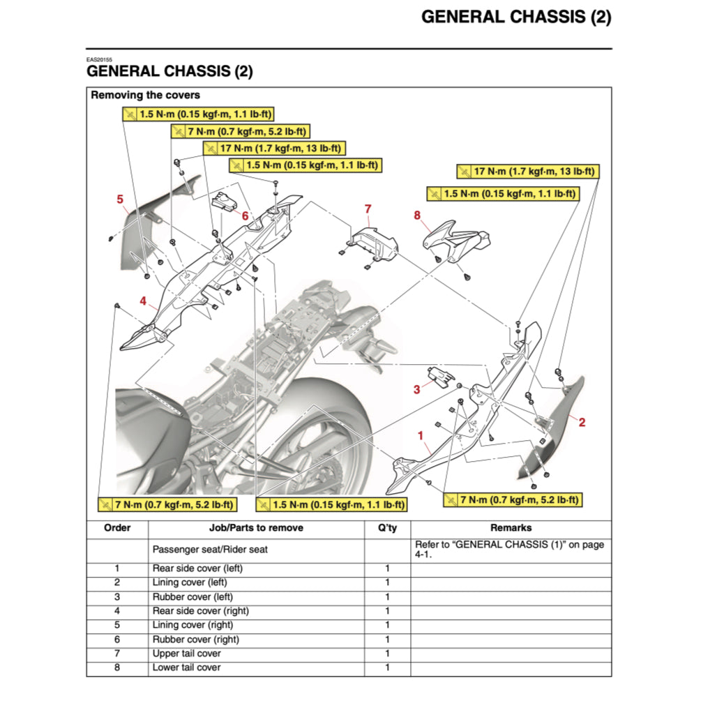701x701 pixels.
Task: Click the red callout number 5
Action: pyautogui.click(x=120, y=199)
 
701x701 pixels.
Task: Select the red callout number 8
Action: pyautogui.click(x=417, y=216)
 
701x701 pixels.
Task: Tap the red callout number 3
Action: pyautogui.click(x=416, y=389)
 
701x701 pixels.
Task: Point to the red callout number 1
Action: pyautogui.click(x=421, y=436)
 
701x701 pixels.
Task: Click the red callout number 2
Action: pyautogui.click(x=582, y=421)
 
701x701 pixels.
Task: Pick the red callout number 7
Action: pyautogui.click(x=368, y=209)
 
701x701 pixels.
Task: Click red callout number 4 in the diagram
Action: pyautogui.click(x=143, y=301)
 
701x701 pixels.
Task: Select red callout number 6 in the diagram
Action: pyautogui.click(x=245, y=216)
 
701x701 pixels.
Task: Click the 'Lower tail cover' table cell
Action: pyautogui.click(x=186, y=668)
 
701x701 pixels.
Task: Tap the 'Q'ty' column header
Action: pyautogui.click(x=387, y=528)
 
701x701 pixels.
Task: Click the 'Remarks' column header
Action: pyautogui.click(x=511, y=528)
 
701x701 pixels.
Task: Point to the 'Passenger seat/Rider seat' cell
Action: pyautogui.click(x=210, y=550)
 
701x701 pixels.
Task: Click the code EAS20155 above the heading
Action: pyautogui.click(x=100, y=60)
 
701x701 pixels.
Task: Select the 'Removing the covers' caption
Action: pyautogui.click(x=145, y=95)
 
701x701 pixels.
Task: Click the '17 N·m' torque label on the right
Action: pyautogui.click(x=527, y=171)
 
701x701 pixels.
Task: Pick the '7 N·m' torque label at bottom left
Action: pyautogui.click(x=167, y=504)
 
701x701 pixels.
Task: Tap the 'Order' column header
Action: pyautogui.click(x=117, y=528)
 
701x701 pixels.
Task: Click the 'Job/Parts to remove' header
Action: pyautogui.click(x=256, y=528)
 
